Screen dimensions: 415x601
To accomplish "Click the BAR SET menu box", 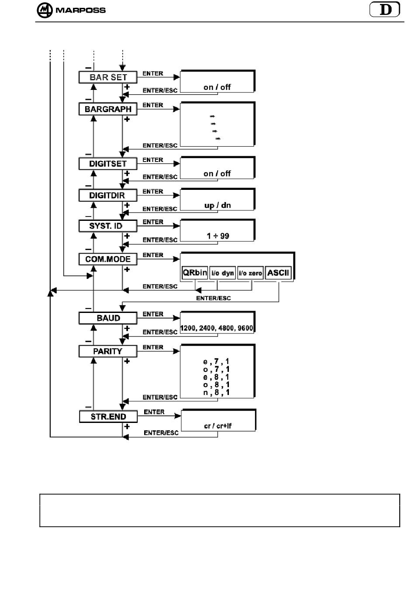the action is [108, 77].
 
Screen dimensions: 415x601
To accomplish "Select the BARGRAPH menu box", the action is [108, 109].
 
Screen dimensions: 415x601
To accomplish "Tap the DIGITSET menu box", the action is [108, 164].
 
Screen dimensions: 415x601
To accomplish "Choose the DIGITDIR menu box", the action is [108, 196].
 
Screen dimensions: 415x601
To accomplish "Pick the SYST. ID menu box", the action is [108, 226].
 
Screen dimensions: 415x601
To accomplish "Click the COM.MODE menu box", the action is [108, 259].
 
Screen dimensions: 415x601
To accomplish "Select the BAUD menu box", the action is [108, 318].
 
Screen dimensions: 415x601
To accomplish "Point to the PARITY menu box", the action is [108, 351].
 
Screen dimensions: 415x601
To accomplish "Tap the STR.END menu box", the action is [108, 417].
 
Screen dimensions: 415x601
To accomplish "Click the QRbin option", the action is [195, 273].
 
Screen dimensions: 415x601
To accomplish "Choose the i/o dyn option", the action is [222, 273].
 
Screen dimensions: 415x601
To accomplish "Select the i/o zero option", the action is [250, 273].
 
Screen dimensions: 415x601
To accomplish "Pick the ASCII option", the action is [278, 273].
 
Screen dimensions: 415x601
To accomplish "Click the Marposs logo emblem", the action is [45, 10].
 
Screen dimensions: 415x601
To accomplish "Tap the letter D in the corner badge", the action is [386, 10].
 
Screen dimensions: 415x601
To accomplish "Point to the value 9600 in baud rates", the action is [245, 328].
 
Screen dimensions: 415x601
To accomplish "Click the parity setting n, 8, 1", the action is [216, 393].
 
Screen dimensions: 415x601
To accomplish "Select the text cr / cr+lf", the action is [218, 426].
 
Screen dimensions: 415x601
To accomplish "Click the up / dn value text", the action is [218, 206].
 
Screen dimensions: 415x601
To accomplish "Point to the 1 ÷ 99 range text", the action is [218, 236].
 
